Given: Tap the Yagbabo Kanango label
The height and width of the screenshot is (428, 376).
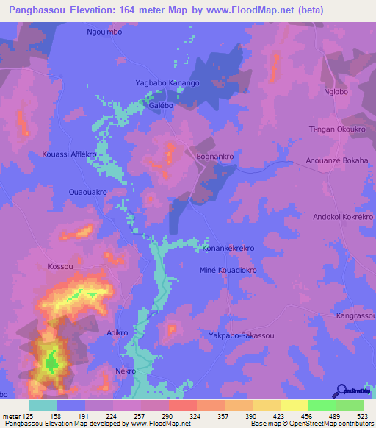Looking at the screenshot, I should point(167,83).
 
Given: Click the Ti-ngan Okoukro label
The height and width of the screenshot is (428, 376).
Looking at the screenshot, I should point(336,129).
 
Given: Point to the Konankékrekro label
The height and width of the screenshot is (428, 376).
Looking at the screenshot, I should point(228,249).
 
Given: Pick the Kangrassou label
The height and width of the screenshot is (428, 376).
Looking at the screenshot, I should point(355,315).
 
